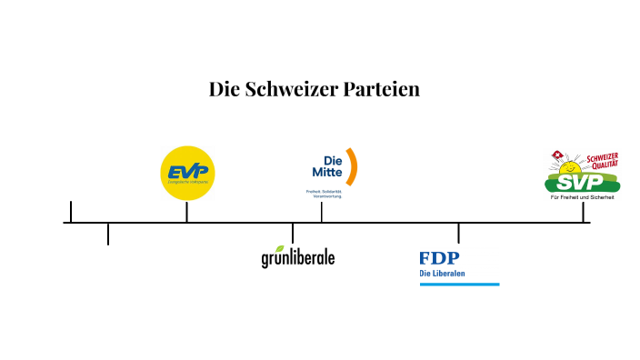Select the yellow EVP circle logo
tap(187, 173)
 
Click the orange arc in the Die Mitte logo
tap(352, 165)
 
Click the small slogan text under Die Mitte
tap(324, 195)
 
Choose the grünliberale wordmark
tap(298, 258)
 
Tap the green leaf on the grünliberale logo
tap(280, 248)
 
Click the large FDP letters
tap(439, 258)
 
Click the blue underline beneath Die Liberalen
tap(459, 285)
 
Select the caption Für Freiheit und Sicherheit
tap(583, 197)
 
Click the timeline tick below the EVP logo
tap(186, 213)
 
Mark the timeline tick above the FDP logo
tap(458, 233)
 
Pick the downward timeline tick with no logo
tap(108, 234)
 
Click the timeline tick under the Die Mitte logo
tap(321, 213)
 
